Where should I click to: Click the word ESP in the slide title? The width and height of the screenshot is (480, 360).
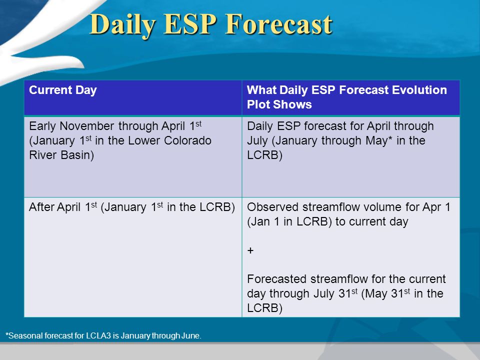tap(190, 24)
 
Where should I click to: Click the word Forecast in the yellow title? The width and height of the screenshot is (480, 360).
tap(278, 24)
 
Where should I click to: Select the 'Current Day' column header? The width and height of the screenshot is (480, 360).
tap(63, 90)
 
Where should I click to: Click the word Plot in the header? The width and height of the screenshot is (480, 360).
tap(258, 104)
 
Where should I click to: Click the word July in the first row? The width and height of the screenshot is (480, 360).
tap(257, 141)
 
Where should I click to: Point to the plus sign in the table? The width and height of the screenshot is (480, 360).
tap(250, 250)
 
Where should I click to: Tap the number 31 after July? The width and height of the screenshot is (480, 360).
tap(344, 293)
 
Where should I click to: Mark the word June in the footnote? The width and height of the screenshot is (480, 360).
tap(191, 336)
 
